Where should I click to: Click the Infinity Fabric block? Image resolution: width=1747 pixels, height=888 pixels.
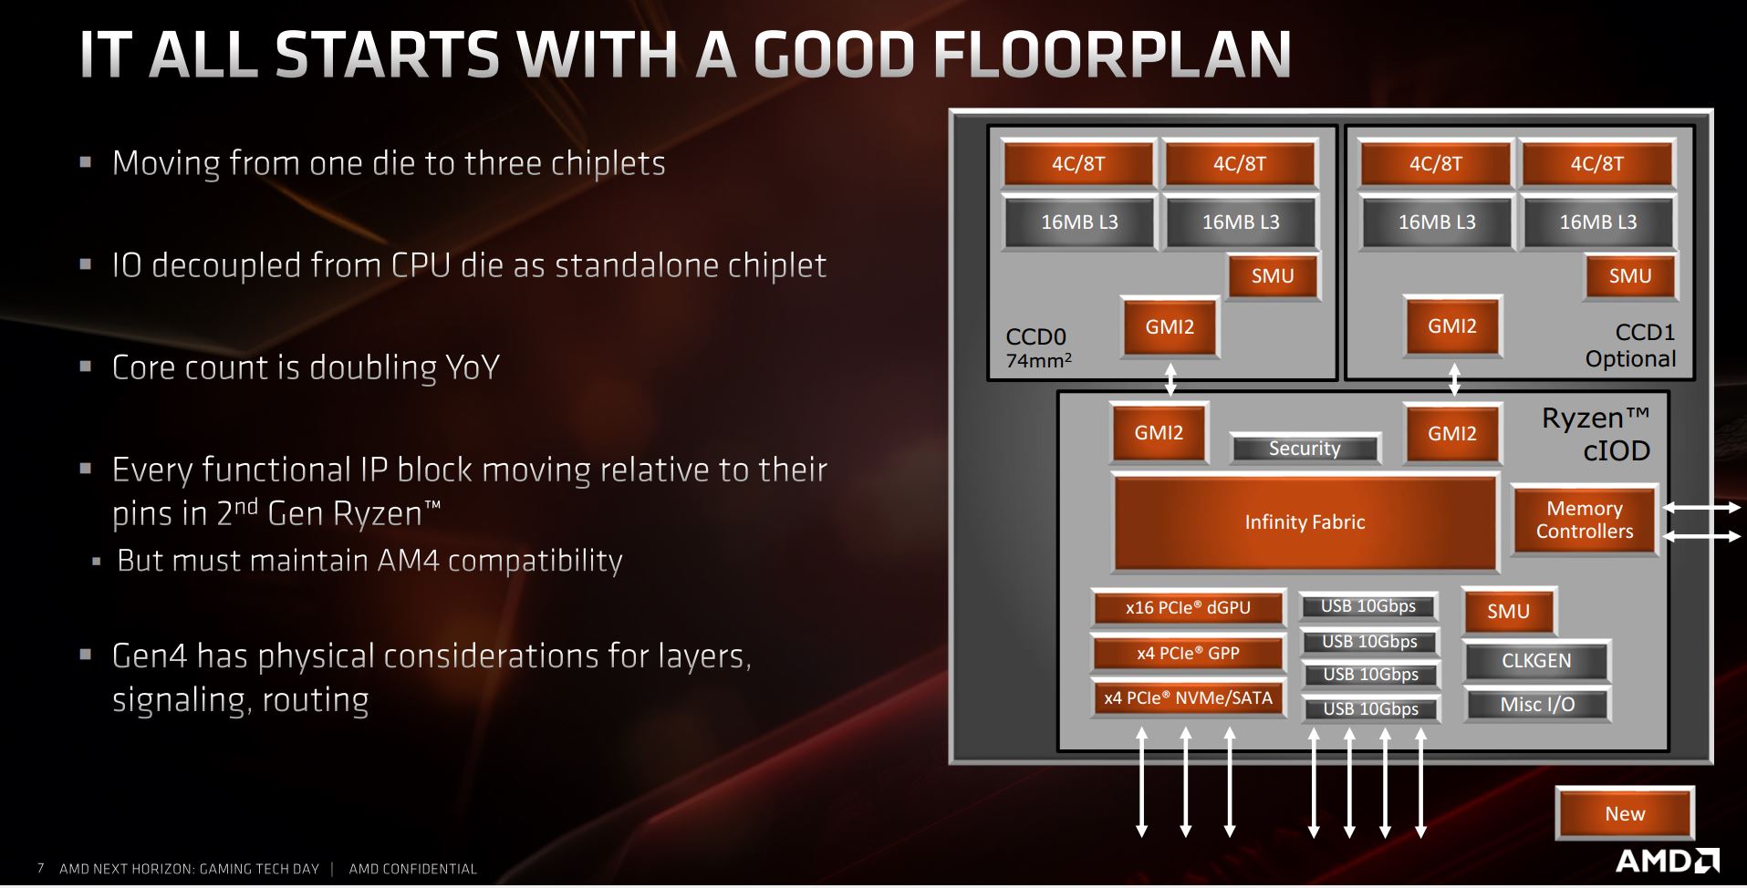[1305, 521]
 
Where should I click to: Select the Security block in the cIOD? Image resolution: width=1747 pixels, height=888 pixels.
[1305, 448]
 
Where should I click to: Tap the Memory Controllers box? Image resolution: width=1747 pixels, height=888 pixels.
[1585, 520]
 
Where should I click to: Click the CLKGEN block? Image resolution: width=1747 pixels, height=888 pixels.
[1536, 661]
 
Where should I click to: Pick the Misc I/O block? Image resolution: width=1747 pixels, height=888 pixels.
[1536, 704]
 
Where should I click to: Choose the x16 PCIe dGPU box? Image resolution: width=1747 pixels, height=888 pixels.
[1188, 607]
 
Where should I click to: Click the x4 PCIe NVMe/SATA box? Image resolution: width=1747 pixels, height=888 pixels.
[1188, 698]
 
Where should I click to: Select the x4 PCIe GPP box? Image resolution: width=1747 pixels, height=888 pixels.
[1188, 653]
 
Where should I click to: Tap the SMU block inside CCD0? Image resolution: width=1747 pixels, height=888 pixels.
[1273, 276]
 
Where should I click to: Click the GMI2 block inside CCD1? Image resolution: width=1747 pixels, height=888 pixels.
[1452, 325]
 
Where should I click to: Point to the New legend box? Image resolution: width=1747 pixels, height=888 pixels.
[1625, 813]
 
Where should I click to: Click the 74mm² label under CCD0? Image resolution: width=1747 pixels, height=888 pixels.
[1038, 361]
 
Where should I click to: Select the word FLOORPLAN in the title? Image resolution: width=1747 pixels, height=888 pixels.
[1113, 55]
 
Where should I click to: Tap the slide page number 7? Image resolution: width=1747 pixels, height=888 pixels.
[40, 869]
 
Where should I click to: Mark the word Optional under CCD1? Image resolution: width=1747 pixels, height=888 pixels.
[1630, 359]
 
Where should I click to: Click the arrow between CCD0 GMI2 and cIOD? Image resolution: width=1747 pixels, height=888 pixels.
[1170, 378]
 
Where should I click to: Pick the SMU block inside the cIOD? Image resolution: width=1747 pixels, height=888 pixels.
[1508, 611]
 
